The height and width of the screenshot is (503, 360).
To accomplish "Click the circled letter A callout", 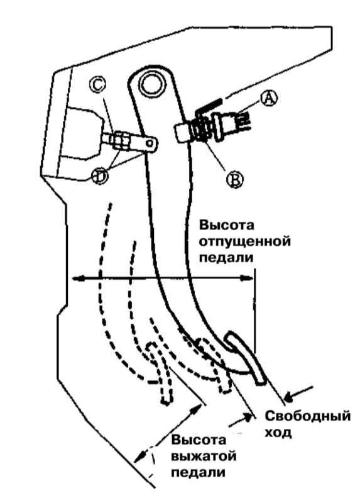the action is [x=269, y=98].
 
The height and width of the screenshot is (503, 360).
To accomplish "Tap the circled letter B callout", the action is [x=235, y=180].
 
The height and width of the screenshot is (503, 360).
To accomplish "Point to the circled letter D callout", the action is [x=100, y=176].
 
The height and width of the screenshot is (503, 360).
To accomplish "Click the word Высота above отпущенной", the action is [x=227, y=224].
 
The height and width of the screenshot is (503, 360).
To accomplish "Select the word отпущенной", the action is [x=244, y=241].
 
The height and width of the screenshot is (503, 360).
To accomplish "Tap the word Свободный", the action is [x=307, y=416].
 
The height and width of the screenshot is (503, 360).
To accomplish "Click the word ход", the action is [x=278, y=433].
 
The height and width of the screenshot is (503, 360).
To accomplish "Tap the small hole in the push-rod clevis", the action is [x=150, y=144].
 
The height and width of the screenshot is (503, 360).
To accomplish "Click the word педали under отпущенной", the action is [x=226, y=258].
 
